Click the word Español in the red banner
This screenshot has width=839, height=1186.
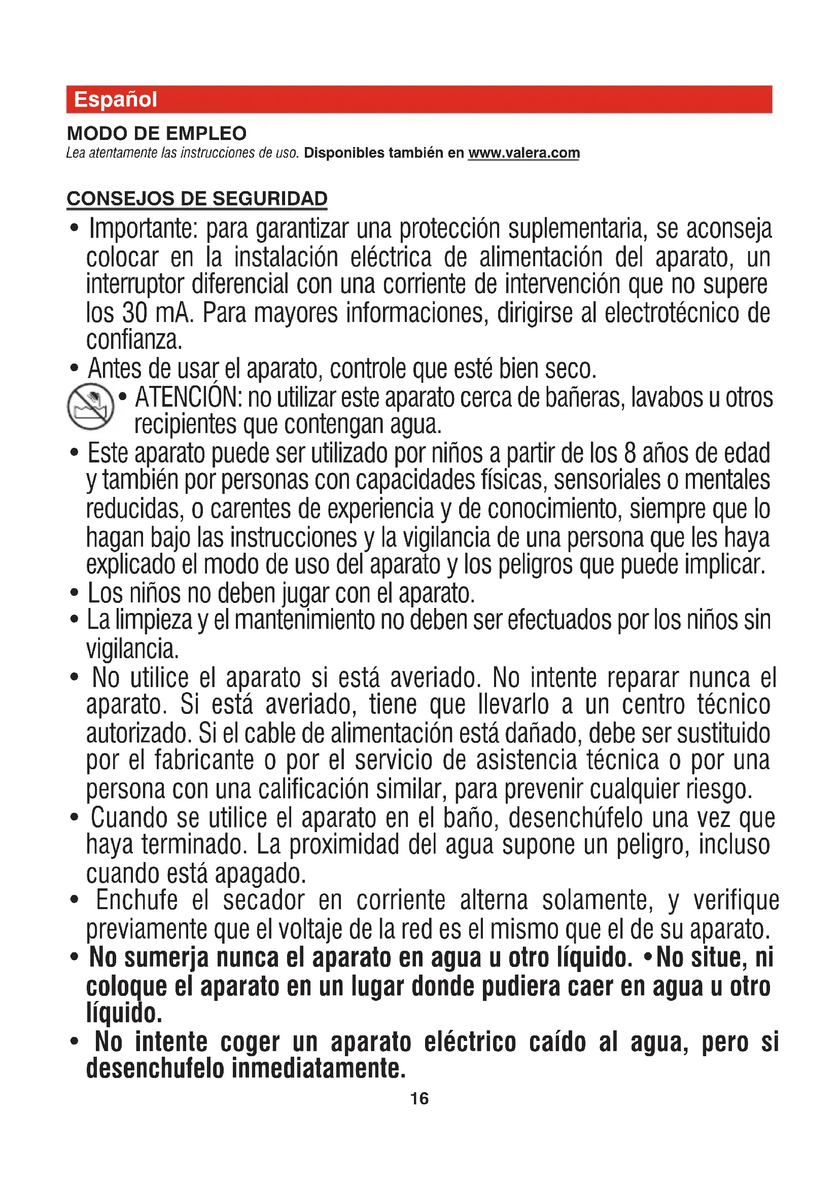[x=115, y=99]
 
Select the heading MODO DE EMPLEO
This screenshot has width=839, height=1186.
[x=157, y=133]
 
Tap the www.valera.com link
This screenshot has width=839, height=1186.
[x=524, y=153]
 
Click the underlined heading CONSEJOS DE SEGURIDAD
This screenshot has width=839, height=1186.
[x=197, y=198]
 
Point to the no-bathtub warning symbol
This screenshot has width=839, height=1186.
[x=90, y=407]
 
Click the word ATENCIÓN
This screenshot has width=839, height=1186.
[x=188, y=398]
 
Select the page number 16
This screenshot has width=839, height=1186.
[x=419, y=1098]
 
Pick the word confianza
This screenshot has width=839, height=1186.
[x=134, y=340]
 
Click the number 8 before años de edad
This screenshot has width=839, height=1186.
[x=629, y=453]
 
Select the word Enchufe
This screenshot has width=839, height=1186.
[x=137, y=901]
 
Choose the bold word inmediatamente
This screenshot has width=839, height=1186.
[x=318, y=1068]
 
